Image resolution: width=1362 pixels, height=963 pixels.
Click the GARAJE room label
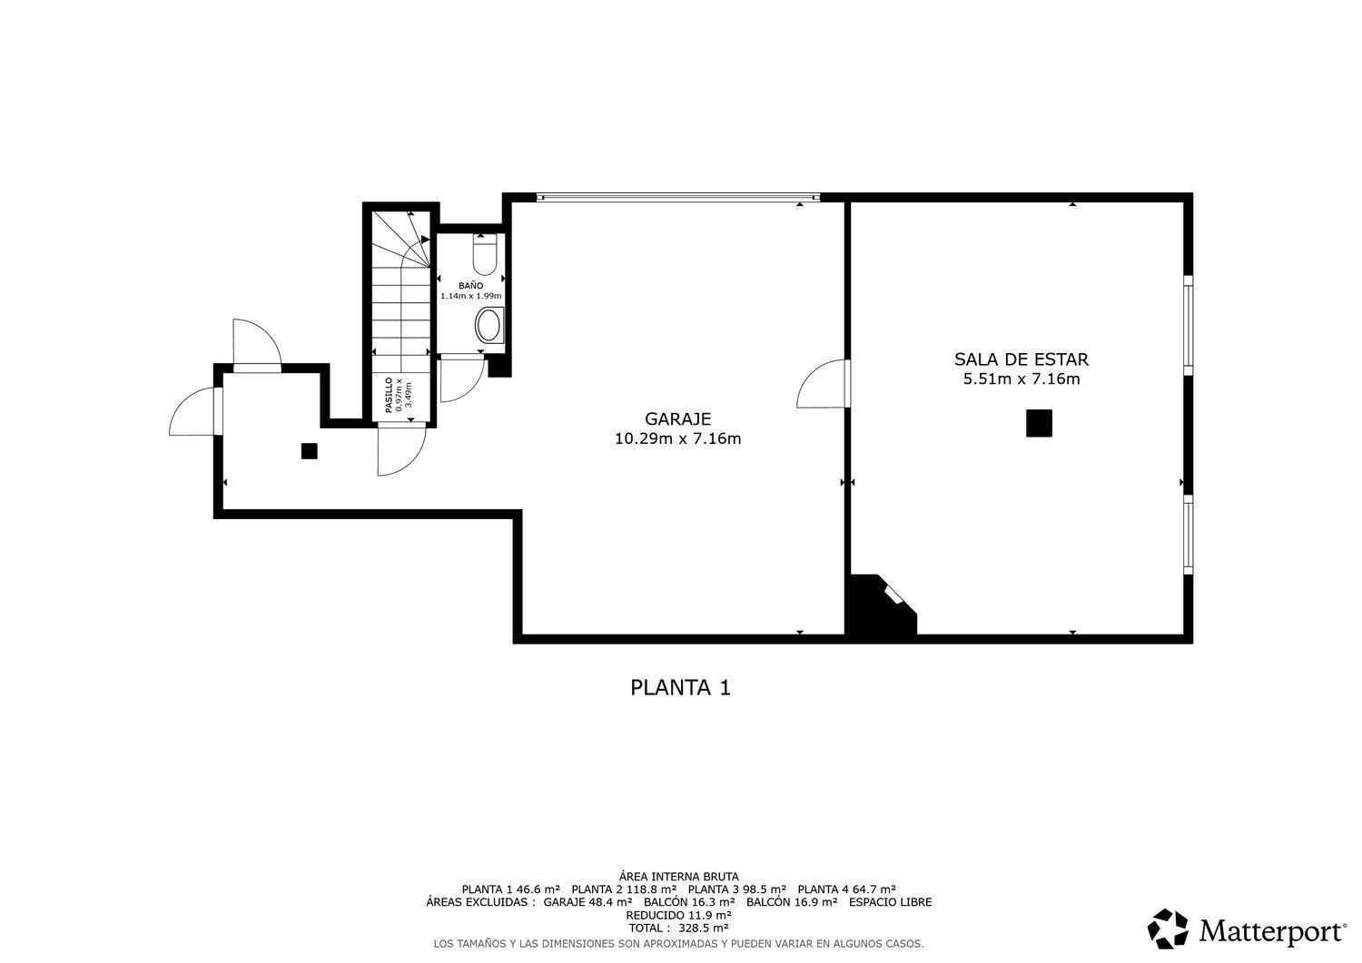677,419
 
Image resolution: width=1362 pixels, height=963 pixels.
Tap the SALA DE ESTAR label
1021,359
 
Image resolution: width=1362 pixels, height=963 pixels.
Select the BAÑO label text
470,285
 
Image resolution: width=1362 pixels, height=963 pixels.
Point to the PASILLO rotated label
390,395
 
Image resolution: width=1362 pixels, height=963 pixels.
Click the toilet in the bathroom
485,254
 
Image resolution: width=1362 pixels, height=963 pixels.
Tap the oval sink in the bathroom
489,325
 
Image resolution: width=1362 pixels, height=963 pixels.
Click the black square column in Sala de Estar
1039,423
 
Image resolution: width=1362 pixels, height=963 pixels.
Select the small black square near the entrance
310,451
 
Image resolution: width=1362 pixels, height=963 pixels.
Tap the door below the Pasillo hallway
401,451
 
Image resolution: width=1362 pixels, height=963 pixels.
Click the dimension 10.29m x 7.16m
678,438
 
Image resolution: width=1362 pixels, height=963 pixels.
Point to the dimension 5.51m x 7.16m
1021,378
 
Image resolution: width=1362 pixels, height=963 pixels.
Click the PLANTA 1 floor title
680,688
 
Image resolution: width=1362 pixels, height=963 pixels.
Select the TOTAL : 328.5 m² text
678,928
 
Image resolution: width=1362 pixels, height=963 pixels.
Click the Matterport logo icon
1168,929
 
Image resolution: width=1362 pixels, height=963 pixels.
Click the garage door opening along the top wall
678,197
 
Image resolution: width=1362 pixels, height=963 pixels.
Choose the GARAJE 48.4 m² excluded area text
588,902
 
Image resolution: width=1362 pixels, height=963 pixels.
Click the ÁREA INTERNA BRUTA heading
678,877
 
